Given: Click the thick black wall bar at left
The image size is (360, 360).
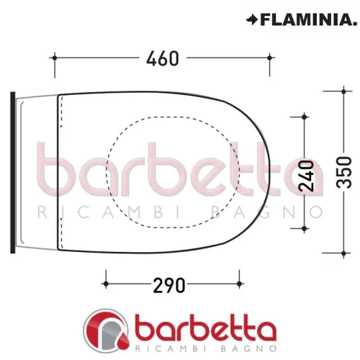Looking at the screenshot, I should pos(12,172).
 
